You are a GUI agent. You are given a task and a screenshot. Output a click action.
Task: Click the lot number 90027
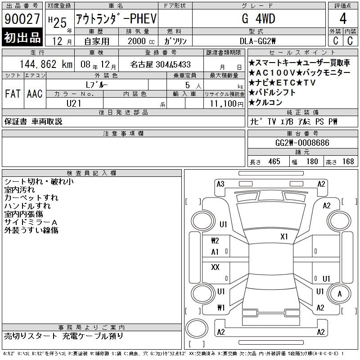point(22,19)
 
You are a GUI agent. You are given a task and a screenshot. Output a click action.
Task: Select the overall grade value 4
point(343,18)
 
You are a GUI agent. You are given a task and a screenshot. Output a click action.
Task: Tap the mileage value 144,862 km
point(46,64)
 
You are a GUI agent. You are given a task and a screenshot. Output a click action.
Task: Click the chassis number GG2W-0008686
point(302,143)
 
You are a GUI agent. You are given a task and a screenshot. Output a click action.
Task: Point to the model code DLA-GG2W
point(257,41)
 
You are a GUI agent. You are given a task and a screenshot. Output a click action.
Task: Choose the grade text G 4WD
point(258,18)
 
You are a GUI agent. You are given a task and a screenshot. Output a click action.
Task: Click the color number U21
point(74,103)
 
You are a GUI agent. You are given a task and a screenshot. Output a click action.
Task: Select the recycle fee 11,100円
point(227,104)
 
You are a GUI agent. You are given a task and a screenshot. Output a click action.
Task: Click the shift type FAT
point(13,94)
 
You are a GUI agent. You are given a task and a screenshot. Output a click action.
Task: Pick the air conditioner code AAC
point(35,94)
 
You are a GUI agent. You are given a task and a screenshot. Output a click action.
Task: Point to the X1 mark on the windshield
point(284,237)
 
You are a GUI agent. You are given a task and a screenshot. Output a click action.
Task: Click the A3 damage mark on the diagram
point(220,184)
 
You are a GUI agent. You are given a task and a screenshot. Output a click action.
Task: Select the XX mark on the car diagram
point(215,267)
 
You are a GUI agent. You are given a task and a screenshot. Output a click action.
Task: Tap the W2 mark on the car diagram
point(215,241)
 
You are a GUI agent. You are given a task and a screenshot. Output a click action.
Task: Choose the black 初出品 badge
point(22,37)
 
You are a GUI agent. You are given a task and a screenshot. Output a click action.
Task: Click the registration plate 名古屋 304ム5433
point(160,64)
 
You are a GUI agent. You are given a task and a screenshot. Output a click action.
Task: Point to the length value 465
point(274,162)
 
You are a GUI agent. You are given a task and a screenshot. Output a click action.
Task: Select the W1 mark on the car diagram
point(221,307)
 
